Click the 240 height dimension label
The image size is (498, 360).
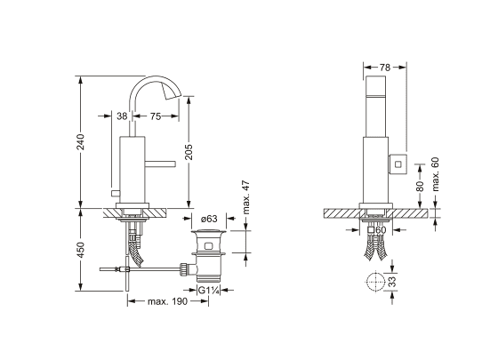click(x=81, y=141)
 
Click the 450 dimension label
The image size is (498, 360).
click(x=81, y=250)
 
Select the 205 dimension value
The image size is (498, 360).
click(x=189, y=152)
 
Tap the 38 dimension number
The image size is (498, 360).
click(x=122, y=116)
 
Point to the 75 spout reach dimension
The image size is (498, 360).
click(x=156, y=116)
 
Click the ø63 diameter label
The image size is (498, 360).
click(x=209, y=219)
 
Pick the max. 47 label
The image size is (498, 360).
click(x=246, y=197)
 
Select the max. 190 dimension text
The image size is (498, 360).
click(x=168, y=301)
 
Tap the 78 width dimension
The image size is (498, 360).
click(x=384, y=68)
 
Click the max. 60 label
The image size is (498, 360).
click(x=435, y=174)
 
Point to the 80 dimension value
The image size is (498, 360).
click(x=420, y=186)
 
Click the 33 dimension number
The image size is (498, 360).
click(x=392, y=282)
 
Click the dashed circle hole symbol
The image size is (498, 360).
click(x=375, y=281)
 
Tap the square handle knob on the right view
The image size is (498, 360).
click(x=397, y=164)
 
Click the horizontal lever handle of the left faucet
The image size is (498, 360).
click(x=160, y=164)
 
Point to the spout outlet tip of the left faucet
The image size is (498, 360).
click(x=173, y=95)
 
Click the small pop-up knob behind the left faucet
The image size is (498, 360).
click(x=115, y=193)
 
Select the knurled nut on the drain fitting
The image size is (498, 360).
click(x=183, y=269)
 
